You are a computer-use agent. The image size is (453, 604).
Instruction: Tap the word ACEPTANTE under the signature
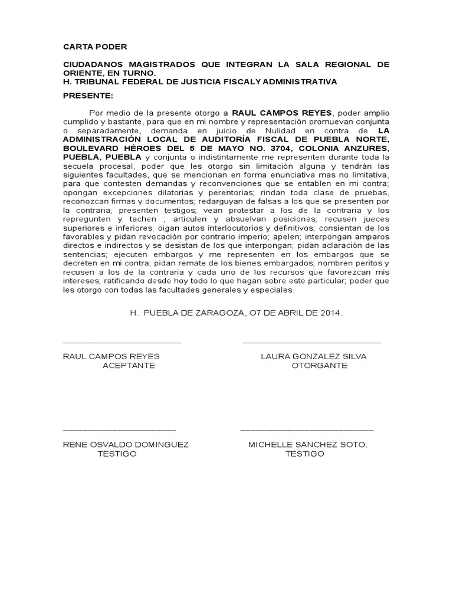129,366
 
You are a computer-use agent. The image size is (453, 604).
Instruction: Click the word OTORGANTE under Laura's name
320,366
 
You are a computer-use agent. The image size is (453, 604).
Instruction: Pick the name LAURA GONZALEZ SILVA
313,357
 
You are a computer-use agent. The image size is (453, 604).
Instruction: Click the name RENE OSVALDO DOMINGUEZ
126,444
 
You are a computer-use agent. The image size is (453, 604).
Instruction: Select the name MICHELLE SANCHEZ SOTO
308,444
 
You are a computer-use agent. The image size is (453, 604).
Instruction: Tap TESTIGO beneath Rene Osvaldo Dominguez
117,454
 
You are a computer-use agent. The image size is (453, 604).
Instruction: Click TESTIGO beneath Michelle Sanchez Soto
304,454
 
